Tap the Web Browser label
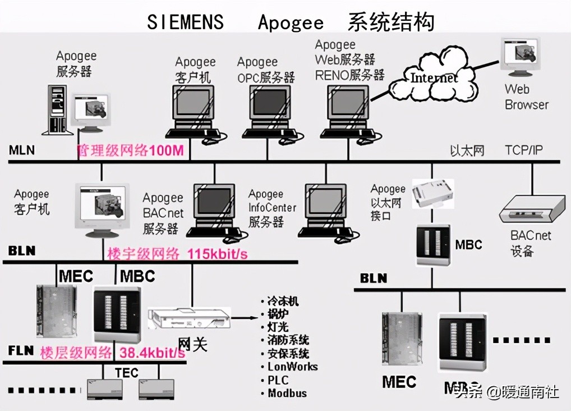coord(526,97)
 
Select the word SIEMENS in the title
coord(185,22)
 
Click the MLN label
coord(21,150)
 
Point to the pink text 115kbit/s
coord(217,254)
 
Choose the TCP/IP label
coord(524,150)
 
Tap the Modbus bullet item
coord(287,393)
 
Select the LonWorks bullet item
coord(292,367)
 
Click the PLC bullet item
coord(278,380)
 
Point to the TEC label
coord(126,373)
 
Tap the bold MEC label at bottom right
coord(399,382)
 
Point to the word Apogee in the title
coord(291,22)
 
